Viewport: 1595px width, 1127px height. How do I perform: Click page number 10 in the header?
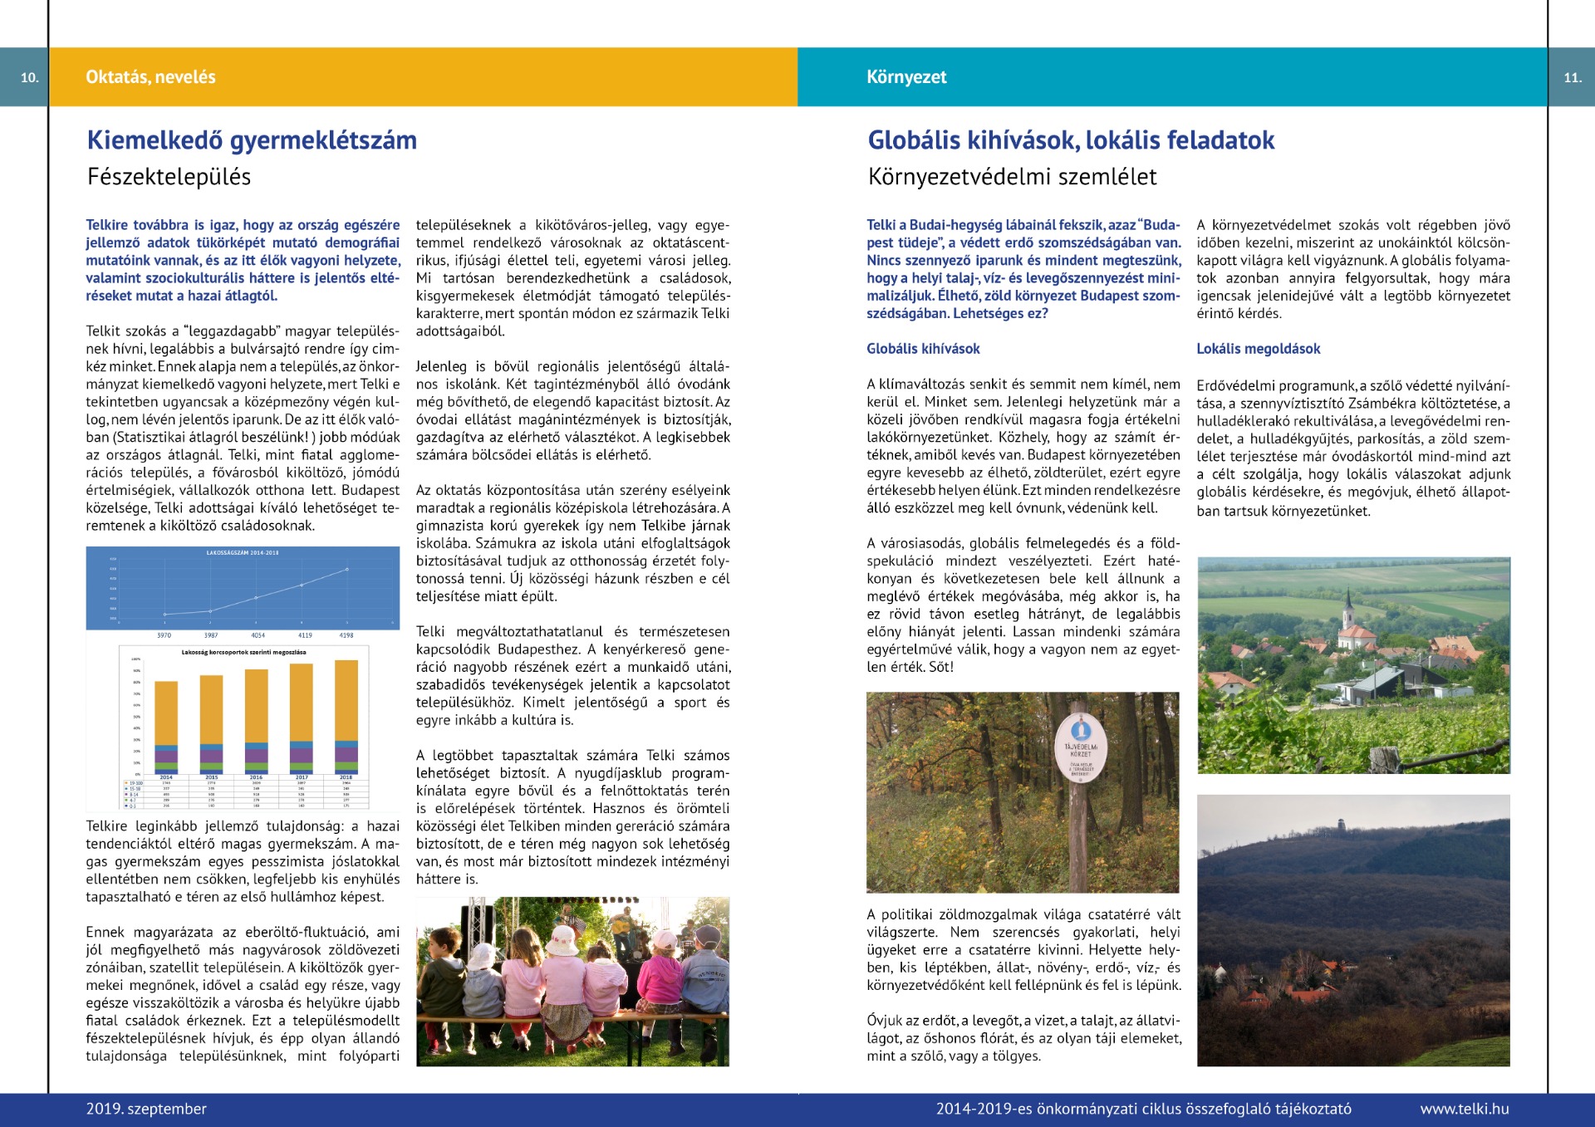(x=30, y=77)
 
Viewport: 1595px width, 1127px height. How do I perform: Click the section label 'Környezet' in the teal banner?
(x=906, y=77)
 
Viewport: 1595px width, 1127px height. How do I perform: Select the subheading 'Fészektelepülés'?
(x=169, y=177)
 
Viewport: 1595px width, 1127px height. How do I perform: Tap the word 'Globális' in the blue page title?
(x=914, y=140)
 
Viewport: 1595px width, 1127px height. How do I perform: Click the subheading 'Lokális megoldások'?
(x=1258, y=349)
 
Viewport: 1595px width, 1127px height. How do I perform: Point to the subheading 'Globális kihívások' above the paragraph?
(x=923, y=349)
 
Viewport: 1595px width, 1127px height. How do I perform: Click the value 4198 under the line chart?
(x=346, y=635)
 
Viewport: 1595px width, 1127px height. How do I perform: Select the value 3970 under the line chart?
(x=164, y=635)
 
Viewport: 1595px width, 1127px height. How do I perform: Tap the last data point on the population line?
(x=347, y=570)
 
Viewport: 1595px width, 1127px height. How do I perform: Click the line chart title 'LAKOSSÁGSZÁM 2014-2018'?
(x=243, y=552)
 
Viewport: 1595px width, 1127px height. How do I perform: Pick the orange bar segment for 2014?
(x=166, y=713)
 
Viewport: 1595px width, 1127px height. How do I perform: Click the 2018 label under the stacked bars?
(x=346, y=777)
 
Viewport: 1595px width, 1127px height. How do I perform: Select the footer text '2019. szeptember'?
(x=146, y=1109)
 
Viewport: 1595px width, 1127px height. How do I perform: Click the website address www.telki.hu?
(x=1464, y=1109)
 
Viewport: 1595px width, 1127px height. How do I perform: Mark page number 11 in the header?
(x=1572, y=77)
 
